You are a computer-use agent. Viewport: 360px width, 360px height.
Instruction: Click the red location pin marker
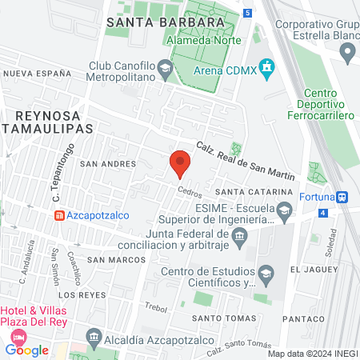tap(180, 164)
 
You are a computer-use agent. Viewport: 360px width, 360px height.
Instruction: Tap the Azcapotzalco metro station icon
tap(59, 215)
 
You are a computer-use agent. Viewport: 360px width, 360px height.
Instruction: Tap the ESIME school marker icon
tap(284, 212)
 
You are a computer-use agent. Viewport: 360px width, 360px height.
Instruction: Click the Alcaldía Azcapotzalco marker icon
tap(94, 336)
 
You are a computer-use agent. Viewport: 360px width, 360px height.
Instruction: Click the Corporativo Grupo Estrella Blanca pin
tap(347, 53)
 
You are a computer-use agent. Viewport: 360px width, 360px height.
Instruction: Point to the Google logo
tap(26, 350)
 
